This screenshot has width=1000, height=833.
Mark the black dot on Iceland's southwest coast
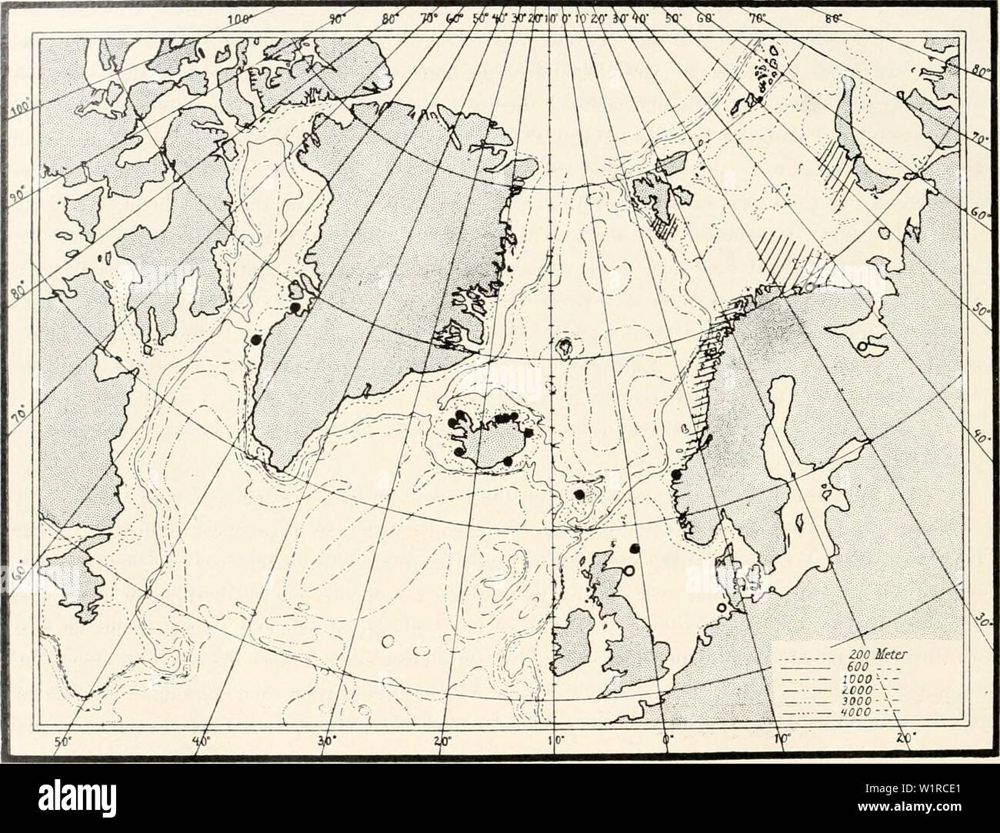tap(458, 450)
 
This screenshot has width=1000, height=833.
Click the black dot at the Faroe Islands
tap(580, 495)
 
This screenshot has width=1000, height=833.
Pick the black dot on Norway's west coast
tap(676, 475)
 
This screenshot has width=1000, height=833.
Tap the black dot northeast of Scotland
tap(635, 548)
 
